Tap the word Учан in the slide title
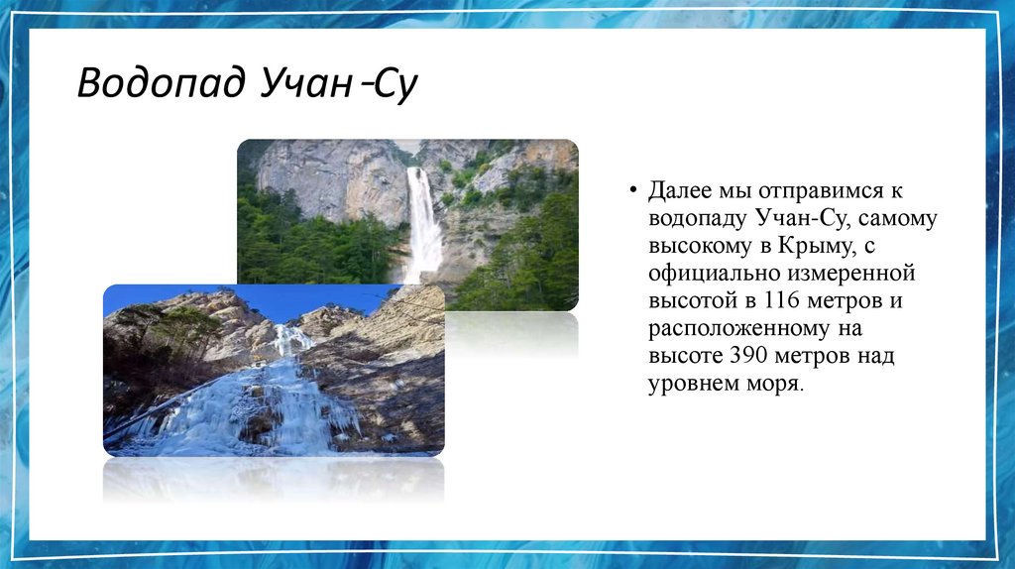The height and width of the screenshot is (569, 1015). [x=303, y=84]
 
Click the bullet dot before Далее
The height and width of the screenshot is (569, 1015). [x=633, y=189]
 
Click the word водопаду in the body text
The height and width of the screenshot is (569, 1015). [x=698, y=217]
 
